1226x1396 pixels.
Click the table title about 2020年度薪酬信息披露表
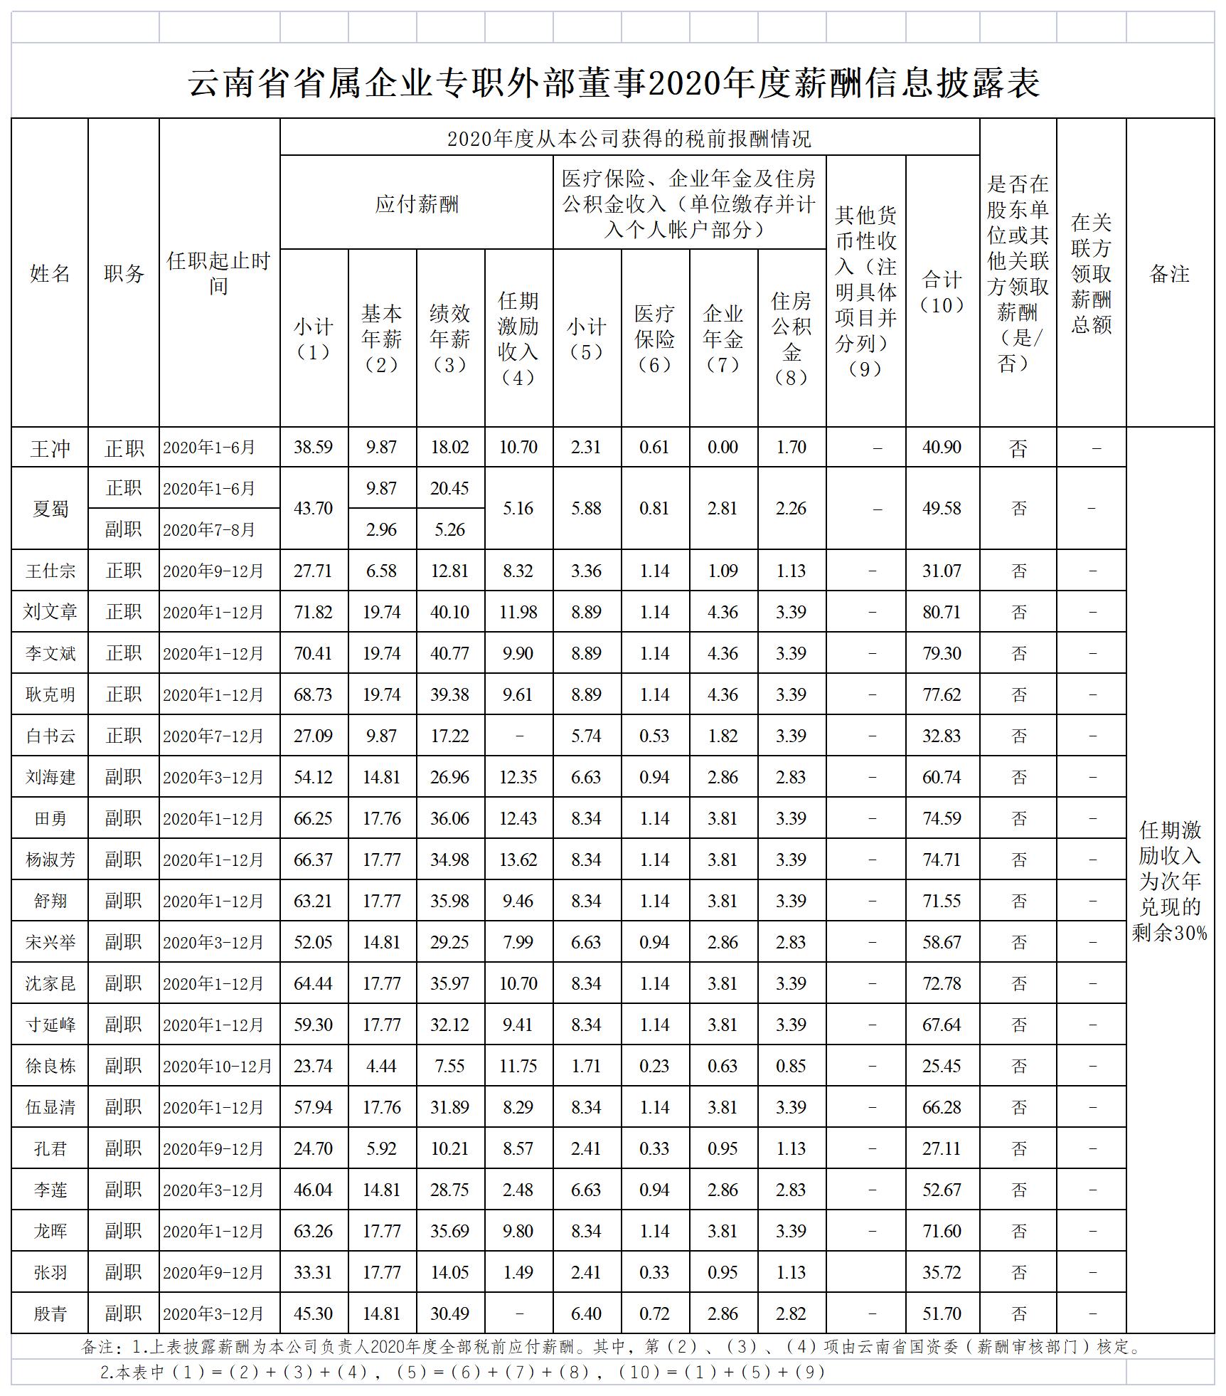[x=613, y=83]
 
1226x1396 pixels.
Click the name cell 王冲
[x=50, y=448]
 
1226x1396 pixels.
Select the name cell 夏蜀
[x=50, y=509]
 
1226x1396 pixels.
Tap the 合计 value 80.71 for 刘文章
[x=942, y=612]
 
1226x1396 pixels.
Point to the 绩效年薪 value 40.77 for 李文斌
[x=449, y=653]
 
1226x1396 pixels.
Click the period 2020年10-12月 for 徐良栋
[x=218, y=1066]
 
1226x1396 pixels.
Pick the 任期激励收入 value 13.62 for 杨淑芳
[x=518, y=860]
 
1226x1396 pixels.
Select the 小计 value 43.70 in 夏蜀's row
[x=313, y=509]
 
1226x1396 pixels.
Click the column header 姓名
[x=50, y=273]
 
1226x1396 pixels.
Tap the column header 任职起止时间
[x=219, y=273]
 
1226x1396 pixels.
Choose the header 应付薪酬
[x=417, y=205]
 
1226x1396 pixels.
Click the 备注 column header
[x=1169, y=273]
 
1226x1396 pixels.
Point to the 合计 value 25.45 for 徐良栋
[x=942, y=1066]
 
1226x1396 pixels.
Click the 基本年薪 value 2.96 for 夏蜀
[x=381, y=529]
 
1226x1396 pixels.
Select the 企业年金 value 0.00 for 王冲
[x=723, y=448]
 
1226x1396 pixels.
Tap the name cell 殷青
[x=50, y=1313]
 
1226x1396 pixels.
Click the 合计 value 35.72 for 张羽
[x=942, y=1272]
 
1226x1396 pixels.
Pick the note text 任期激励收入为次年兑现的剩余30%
[x=1169, y=881]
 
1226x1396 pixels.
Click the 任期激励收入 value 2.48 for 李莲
[x=518, y=1190]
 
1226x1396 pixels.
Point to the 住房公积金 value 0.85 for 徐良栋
[x=791, y=1066]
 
